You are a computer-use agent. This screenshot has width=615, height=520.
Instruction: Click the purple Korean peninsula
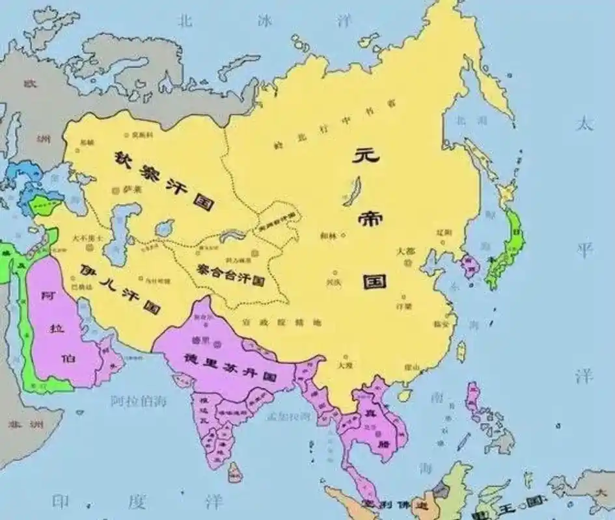468,266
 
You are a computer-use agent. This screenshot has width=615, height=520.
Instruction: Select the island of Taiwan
461,352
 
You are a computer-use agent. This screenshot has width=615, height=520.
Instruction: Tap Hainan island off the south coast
405,395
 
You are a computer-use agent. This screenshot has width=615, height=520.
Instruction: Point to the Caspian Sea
117,231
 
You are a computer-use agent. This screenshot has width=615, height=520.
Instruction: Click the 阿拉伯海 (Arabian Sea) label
138,401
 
